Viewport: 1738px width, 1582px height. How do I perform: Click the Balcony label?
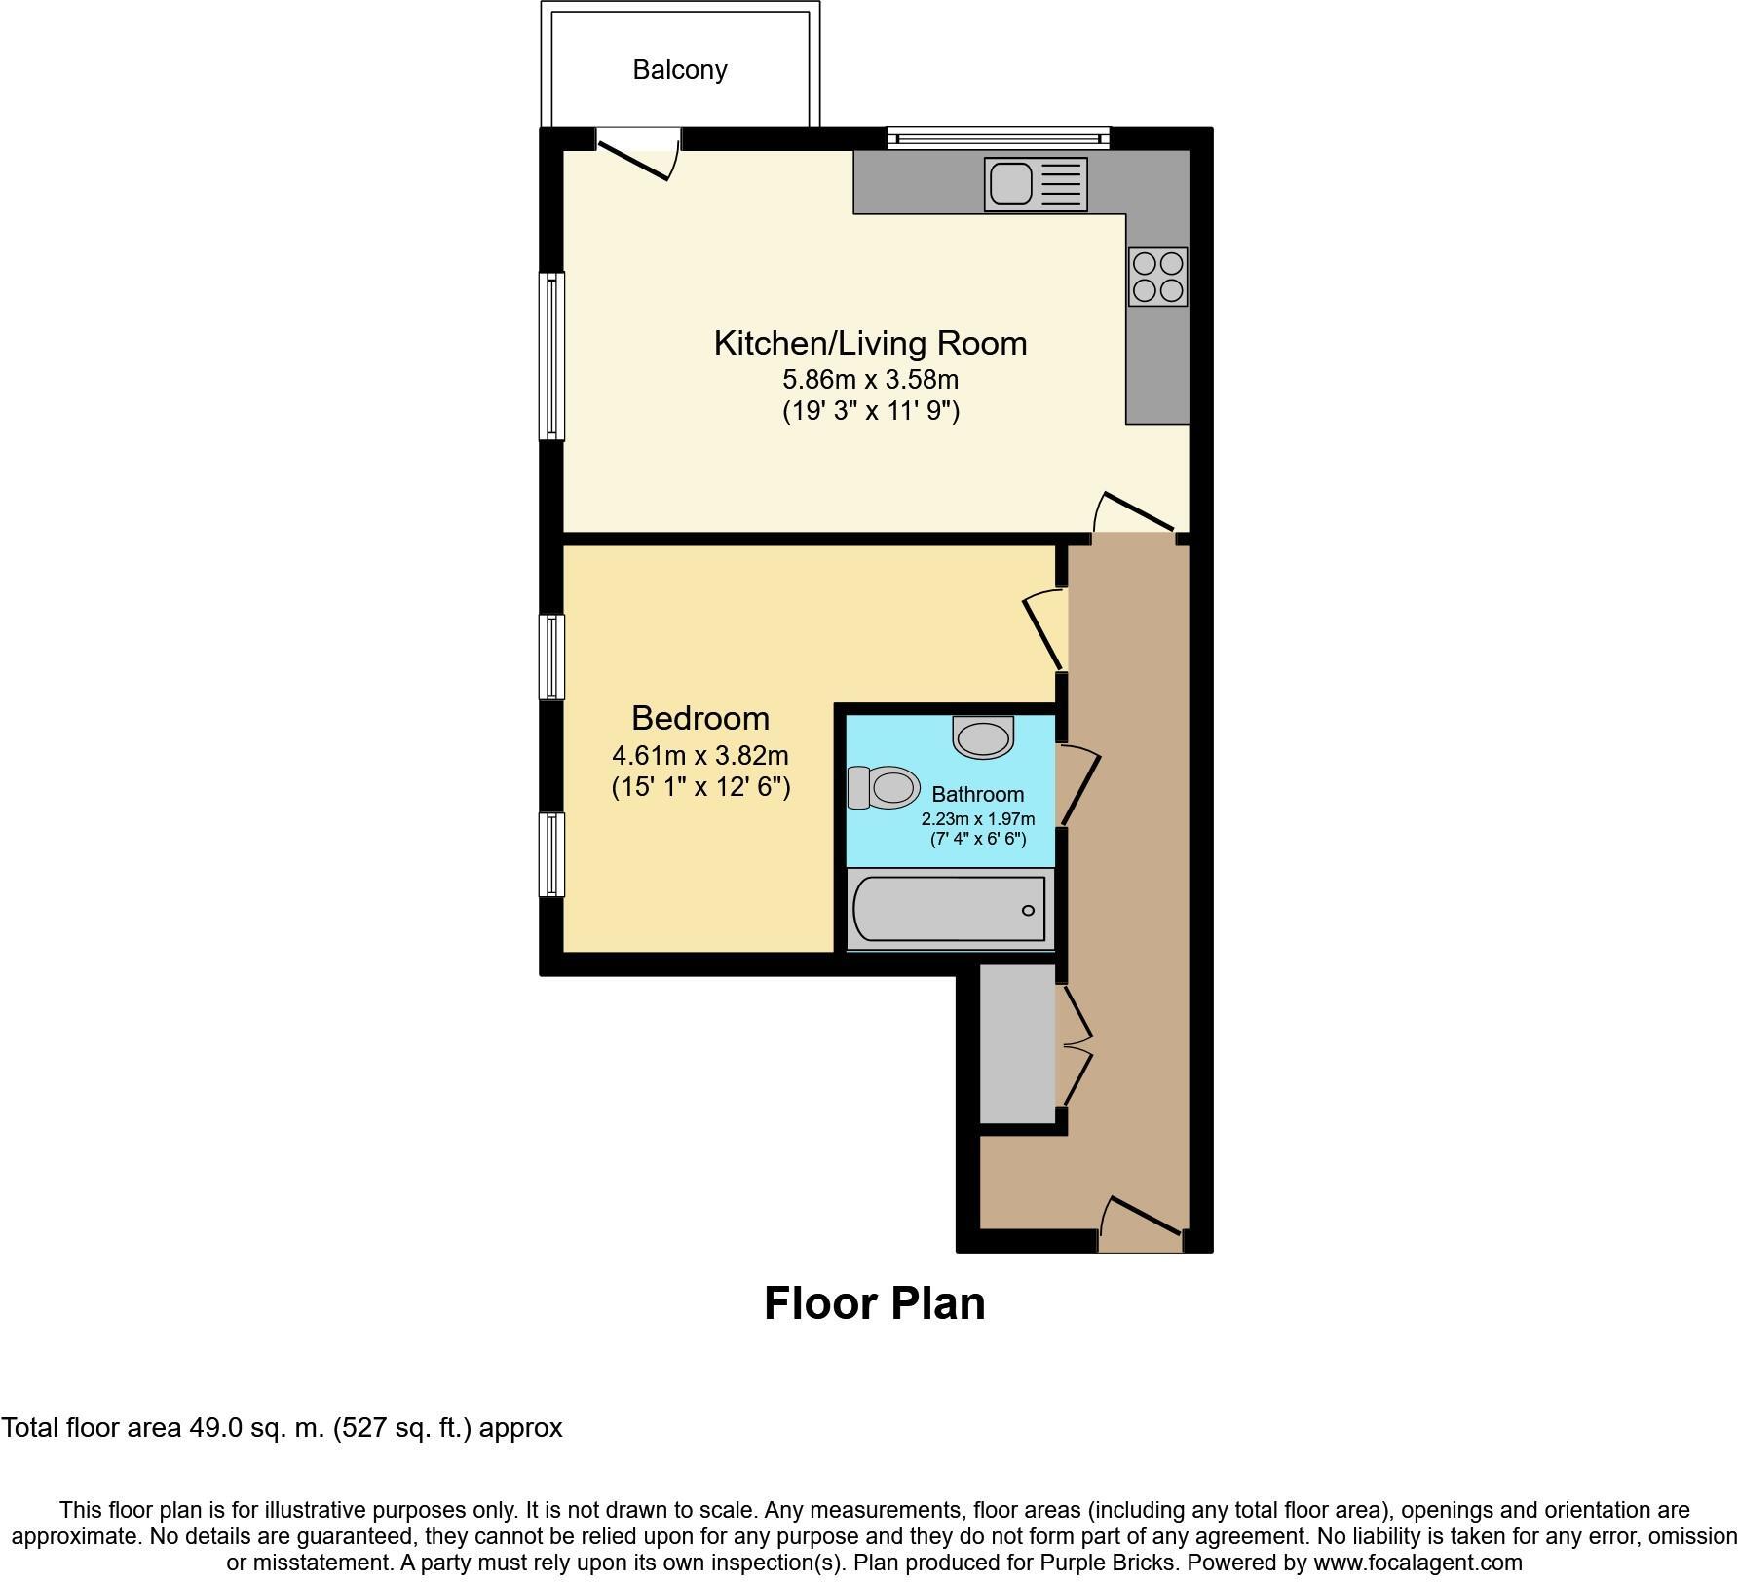tap(679, 70)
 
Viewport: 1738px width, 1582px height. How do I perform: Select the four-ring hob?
tap(1158, 277)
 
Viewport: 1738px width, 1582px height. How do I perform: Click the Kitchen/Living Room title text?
tap(870, 343)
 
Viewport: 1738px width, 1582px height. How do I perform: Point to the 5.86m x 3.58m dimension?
tap(870, 379)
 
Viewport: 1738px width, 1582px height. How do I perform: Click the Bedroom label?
tap(699, 718)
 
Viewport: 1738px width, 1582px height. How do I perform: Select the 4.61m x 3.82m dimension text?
tap(699, 755)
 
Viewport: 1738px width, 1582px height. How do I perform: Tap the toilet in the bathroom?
tap(885, 786)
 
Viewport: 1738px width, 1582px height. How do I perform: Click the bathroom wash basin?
tap(984, 736)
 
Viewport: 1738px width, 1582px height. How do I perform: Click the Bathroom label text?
tap(977, 794)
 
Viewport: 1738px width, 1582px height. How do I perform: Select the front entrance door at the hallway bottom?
tap(1142, 1225)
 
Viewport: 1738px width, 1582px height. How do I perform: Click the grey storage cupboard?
tap(1017, 1043)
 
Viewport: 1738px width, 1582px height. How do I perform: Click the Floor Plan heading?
tap(874, 1303)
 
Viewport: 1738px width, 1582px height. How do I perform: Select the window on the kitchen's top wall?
tap(999, 137)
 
